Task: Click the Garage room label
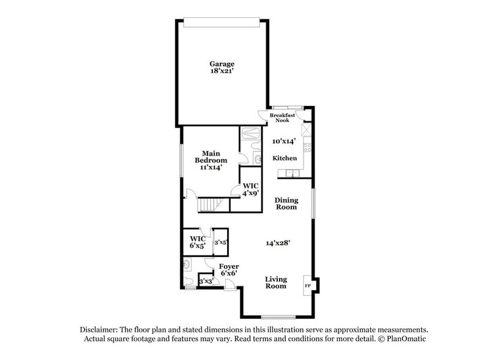point(222,64)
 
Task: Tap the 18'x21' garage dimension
point(222,72)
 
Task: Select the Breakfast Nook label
point(283,118)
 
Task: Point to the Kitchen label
point(285,158)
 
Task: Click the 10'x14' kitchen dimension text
point(285,141)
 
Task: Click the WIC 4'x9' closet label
point(250,189)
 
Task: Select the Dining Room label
point(286,203)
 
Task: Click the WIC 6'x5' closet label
point(197,242)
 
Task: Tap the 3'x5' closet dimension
point(220,243)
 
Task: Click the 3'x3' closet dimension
point(206,282)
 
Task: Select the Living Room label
point(276,283)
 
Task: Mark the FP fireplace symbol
point(307,285)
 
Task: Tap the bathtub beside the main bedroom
point(249,135)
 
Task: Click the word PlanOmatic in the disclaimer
point(403,339)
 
